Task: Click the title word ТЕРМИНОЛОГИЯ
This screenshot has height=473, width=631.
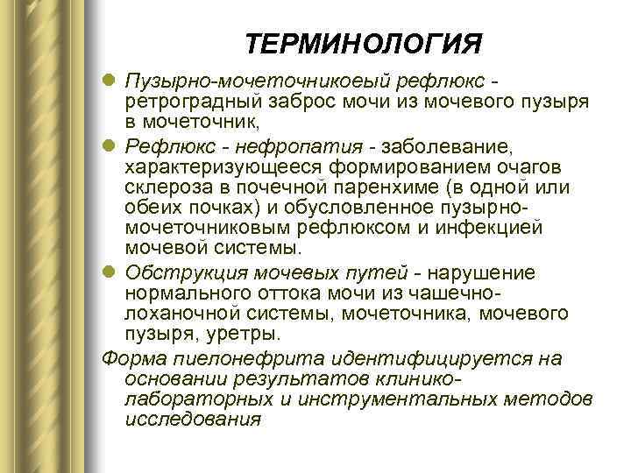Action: point(364,45)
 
